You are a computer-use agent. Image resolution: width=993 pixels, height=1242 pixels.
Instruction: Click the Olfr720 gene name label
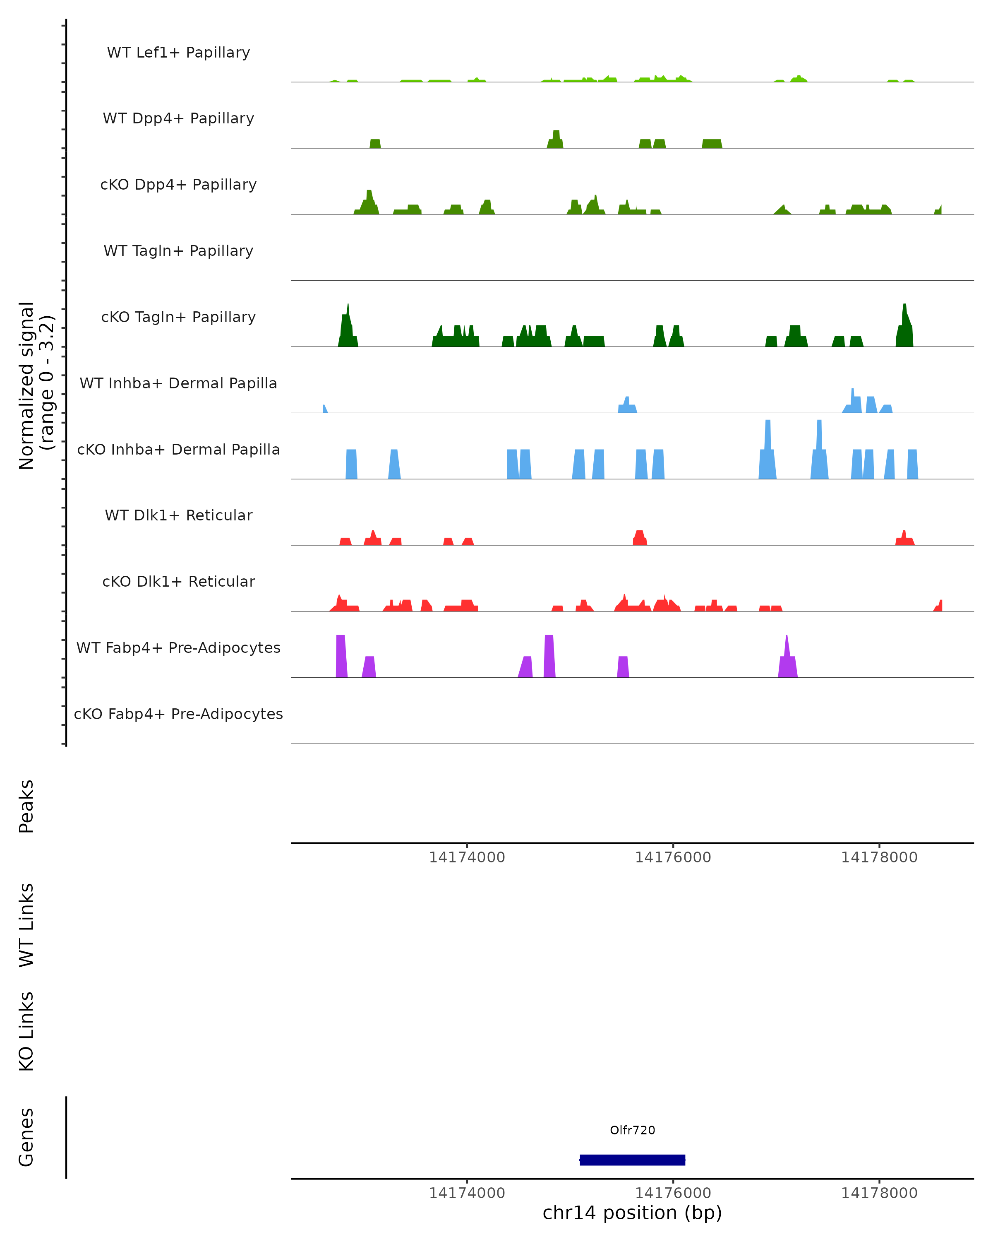click(632, 1130)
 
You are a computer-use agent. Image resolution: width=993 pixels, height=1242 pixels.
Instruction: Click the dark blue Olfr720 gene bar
click(632, 1160)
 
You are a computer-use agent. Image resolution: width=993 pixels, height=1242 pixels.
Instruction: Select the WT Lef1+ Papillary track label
click(178, 53)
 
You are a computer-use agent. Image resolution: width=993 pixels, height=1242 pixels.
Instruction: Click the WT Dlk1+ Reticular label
click(178, 515)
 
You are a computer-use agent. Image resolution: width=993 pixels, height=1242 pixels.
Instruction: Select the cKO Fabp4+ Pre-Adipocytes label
click(178, 714)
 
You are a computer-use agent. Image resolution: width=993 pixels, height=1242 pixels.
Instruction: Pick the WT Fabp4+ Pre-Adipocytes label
click(178, 647)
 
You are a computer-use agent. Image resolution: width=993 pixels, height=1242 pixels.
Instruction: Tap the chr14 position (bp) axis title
click(632, 1213)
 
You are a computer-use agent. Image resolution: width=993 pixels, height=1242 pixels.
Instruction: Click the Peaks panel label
click(26, 806)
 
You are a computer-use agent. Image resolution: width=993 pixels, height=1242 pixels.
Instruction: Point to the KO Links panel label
click(26, 1031)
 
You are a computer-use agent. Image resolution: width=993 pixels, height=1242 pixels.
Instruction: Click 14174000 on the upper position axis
click(467, 857)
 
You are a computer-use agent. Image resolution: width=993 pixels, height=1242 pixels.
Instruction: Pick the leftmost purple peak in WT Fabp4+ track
click(341, 656)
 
